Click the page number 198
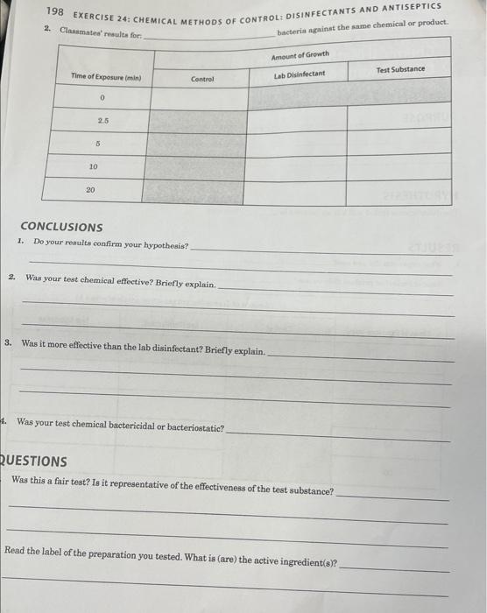click(58, 10)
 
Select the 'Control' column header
click(202, 79)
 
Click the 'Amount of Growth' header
click(300, 54)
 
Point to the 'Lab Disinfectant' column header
click(299, 74)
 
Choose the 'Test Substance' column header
click(400, 69)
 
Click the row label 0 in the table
click(102, 98)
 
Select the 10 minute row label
click(93, 166)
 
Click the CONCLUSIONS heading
click(61, 227)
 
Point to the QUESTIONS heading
click(35, 461)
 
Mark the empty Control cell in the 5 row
click(197, 144)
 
